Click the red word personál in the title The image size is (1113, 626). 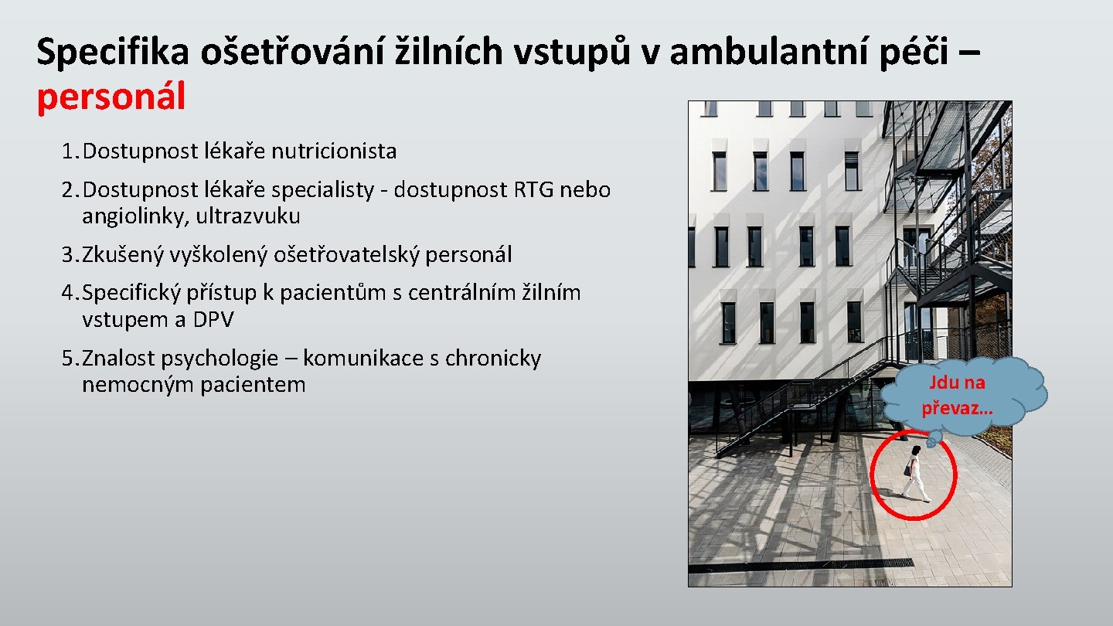111,97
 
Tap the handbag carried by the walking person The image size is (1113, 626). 907,469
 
